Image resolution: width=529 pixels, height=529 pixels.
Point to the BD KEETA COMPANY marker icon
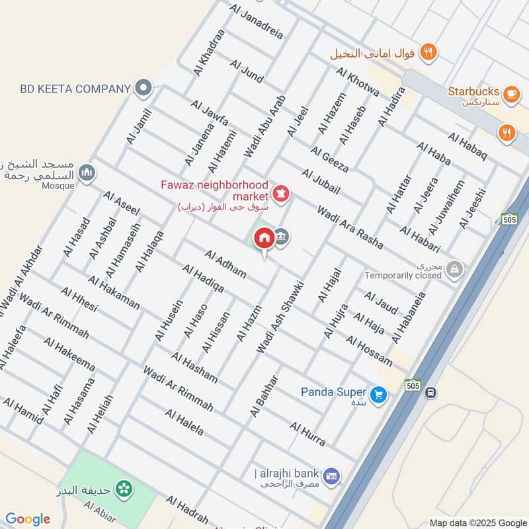[x=143, y=88]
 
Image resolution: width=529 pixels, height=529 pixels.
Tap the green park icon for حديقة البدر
[x=122, y=489]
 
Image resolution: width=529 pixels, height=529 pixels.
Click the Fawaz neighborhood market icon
[x=280, y=194]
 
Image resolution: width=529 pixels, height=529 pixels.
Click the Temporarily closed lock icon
[x=454, y=268]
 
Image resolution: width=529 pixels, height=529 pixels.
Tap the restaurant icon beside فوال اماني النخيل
[x=428, y=52]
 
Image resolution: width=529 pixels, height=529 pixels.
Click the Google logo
[x=28, y=519]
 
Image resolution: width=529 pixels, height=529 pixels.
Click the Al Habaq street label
[x=467, y=146]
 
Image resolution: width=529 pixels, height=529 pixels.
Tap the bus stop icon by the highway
[x=430, y=393]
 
